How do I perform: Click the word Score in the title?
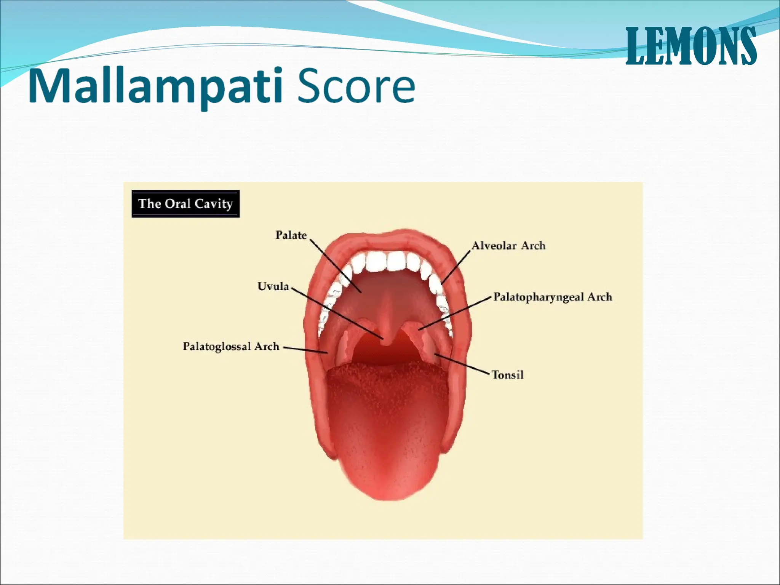[x=356, y=87]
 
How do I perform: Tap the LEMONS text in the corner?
[x=690, y=46]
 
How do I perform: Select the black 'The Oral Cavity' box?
[x=185, y=204]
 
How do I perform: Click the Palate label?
[x=291, y=235]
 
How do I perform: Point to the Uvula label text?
[x=273, y=286]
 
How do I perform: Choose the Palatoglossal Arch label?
[x=231, y=347]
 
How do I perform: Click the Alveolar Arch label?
[x=508, y=246]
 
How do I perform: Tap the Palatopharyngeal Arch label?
[x=553, y=297]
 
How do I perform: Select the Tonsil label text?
[x=508, y=375]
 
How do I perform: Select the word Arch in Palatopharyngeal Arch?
[x=599, y=297]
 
